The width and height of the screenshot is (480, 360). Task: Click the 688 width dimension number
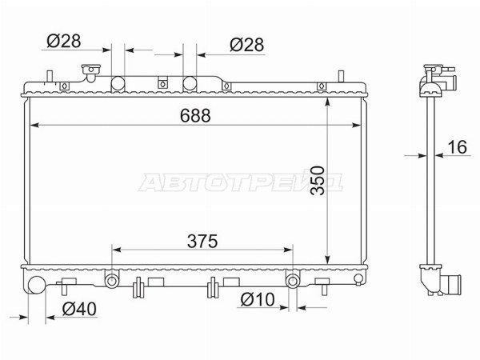tap(195, 116)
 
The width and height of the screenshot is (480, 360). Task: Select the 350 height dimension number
tap(317, 180)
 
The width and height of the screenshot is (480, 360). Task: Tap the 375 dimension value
tap(202, 242)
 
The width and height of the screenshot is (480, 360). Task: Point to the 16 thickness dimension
tap(458, 147)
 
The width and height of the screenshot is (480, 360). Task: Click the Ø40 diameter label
tap(79, 309)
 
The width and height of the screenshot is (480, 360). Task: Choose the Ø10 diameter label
tap(258, 299)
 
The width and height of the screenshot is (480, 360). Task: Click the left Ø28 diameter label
tap(64, 41)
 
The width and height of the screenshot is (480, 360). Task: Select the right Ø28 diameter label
tap(246, 45)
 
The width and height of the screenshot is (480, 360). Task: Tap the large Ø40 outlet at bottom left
tap(37, 284)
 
